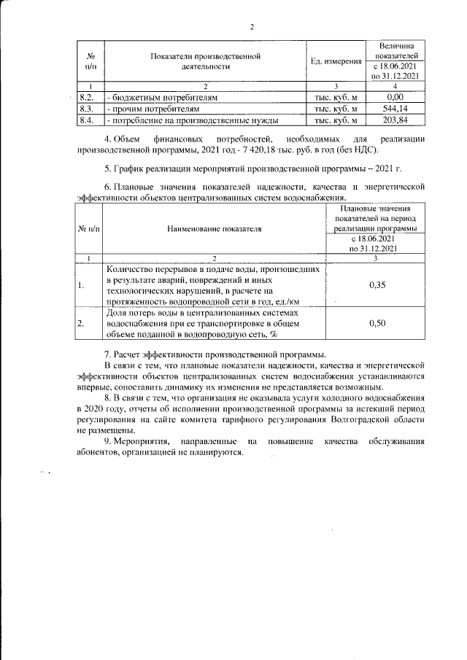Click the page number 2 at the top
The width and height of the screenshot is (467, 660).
coord(251,28)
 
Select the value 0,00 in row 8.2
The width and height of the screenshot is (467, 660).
coord(395,96)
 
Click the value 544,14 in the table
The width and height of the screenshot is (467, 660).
coord(395,108)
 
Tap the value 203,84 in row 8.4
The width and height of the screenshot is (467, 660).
coord(395,120)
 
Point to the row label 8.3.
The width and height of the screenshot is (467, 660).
coord(86,108)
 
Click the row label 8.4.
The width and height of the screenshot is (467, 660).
coord(86,120)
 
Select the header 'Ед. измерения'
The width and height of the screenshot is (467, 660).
coord(336,61)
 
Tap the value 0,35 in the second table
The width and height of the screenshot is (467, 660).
coord(377,285)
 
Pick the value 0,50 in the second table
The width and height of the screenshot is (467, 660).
coord(377,322)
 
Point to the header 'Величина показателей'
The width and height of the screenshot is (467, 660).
coord(395,50)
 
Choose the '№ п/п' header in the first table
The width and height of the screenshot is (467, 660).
coord(91,61)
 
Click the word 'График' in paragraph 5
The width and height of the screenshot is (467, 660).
coord(132,168)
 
